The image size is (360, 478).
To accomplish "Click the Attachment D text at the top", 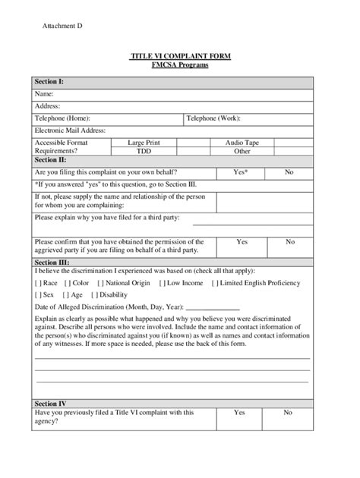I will click(62, 26).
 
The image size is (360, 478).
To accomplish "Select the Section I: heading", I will click(50, 81).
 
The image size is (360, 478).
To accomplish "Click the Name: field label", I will click(44, 93).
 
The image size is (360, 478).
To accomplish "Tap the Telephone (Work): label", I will click(213, 118).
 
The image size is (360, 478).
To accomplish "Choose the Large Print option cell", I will click(144, 142).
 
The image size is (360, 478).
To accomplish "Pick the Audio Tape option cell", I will click(242, 142).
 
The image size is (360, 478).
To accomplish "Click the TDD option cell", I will click(144, 151).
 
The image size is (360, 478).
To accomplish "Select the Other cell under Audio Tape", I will click(242, 151).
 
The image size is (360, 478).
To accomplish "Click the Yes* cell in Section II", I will click(241, 172).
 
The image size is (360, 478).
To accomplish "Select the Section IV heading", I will click(51, 403).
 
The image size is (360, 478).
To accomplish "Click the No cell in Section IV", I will click(288, 413).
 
